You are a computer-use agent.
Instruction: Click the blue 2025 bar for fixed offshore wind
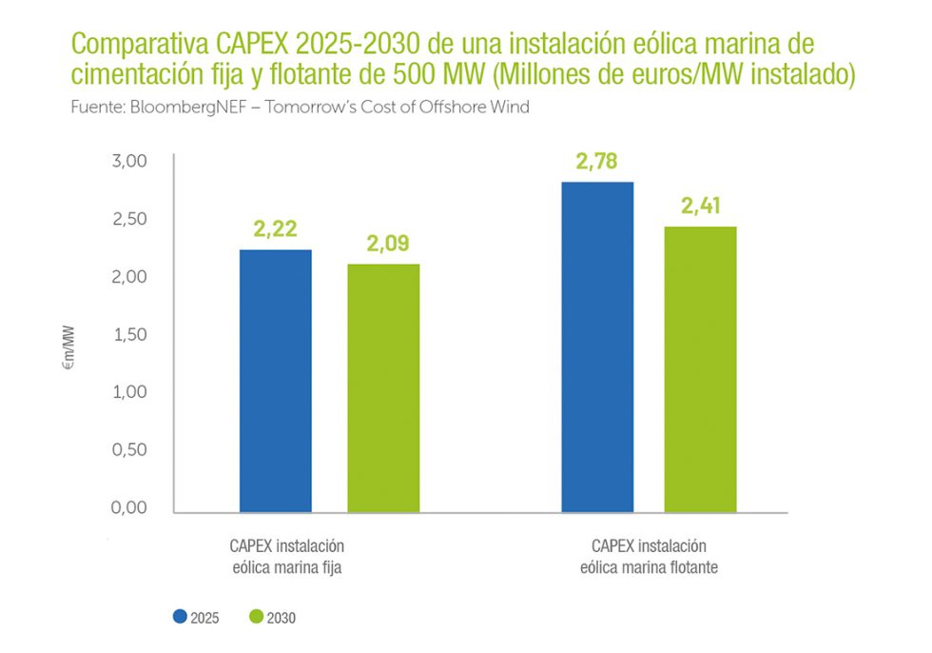coord(276,381)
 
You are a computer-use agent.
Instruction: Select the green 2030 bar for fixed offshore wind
coord(383,388)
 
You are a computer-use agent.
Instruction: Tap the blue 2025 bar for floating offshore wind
coord(597,347)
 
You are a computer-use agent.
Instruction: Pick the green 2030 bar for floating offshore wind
coord(700,369)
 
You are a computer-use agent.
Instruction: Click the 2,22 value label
coord(276,228)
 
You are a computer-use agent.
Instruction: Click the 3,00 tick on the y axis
coord(129,161)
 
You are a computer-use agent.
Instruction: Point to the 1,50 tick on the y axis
coord(129,334)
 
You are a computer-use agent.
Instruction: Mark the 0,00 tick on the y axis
coord(129,508)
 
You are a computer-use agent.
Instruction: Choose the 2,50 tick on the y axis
coord(129,219)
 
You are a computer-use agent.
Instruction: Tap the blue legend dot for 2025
coord(180,617)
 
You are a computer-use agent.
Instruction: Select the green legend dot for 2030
coord(256,617)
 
